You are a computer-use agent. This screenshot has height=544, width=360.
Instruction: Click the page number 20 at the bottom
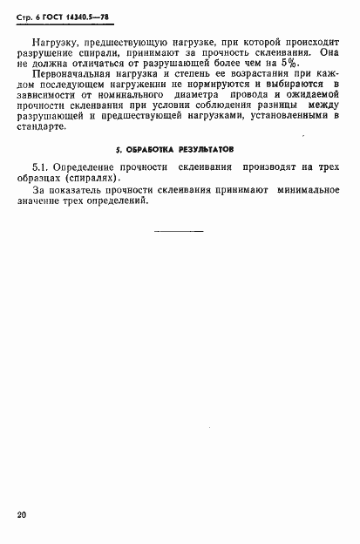coord(22,515)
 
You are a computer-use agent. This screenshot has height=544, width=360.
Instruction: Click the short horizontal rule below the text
coord(179,231)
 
